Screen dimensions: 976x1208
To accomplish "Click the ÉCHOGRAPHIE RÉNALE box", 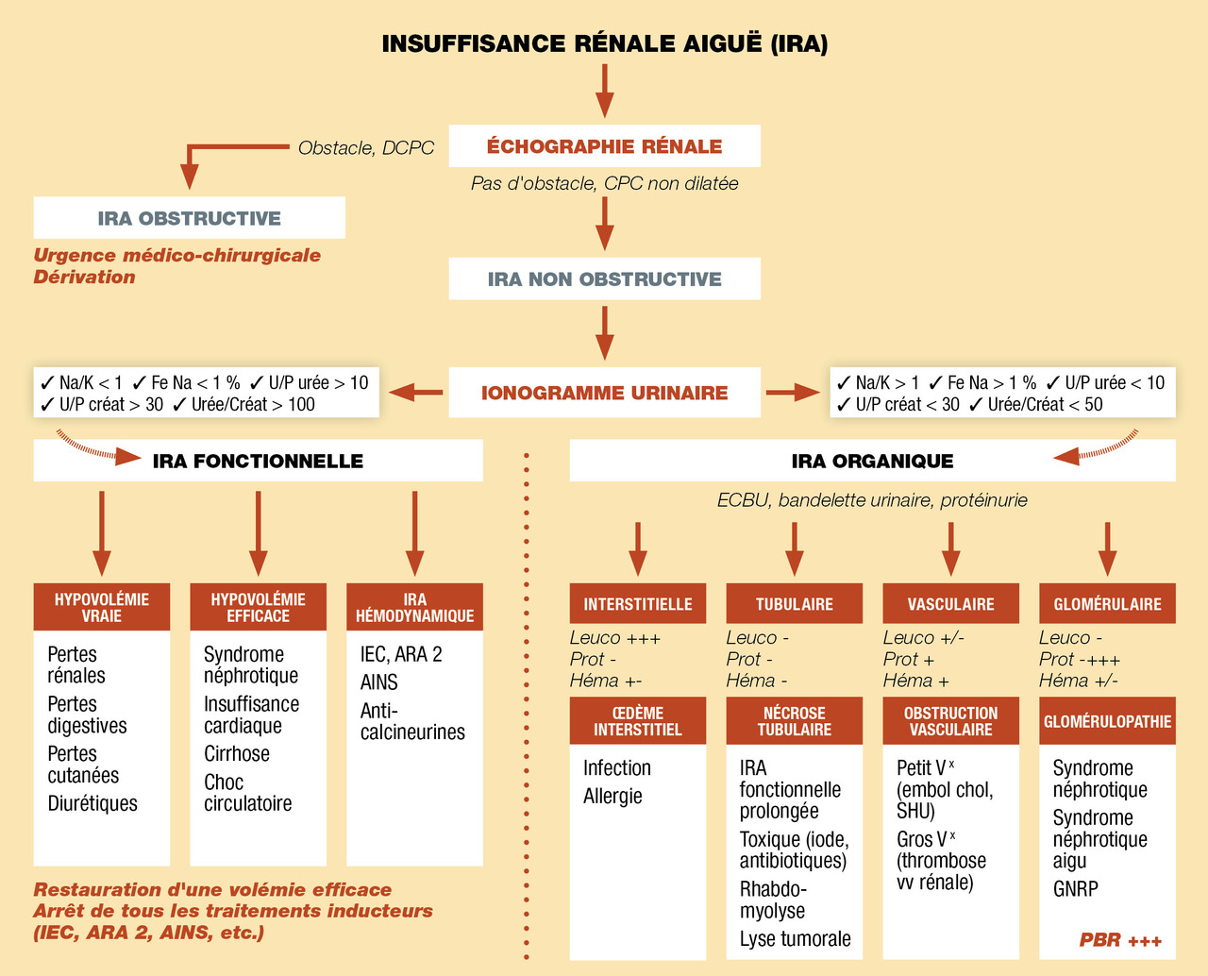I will tap(604, 146).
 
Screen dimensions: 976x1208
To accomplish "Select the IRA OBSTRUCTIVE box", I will tap(189, 218).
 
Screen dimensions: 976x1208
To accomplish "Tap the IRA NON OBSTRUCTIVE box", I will tap(604, 279).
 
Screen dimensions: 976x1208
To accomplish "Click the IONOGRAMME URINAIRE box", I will tap(604, 393).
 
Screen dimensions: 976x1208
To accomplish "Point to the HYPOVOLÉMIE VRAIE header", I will tap(102, 608).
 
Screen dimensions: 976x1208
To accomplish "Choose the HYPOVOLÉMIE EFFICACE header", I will tap(258, 608).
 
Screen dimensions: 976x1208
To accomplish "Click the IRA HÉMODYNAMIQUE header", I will tap(414, 608).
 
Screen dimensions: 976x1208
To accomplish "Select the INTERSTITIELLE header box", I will tap(637, 604).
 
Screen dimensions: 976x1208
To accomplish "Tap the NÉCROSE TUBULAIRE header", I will tap(794, 721).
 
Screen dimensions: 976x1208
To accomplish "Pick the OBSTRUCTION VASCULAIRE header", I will tap(950, 721).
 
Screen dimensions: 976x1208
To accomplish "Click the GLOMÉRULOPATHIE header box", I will tap(1107, 721).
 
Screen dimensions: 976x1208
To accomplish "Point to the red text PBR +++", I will tap(1120, 940).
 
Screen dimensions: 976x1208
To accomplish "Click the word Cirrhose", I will tap(237, 754).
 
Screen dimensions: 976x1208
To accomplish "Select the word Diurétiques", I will tap(92, 804).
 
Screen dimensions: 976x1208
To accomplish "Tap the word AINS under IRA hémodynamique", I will tap(379, 682).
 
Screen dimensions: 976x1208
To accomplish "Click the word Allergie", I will tap(612, 797).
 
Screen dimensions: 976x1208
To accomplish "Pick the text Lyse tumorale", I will tap(795, 939).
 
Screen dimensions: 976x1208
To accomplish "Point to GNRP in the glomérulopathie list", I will tap(1075, 889).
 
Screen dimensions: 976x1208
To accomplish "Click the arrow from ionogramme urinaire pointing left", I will tap(416, 392).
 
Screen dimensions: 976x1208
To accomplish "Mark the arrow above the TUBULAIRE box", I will tap(795, 548).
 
